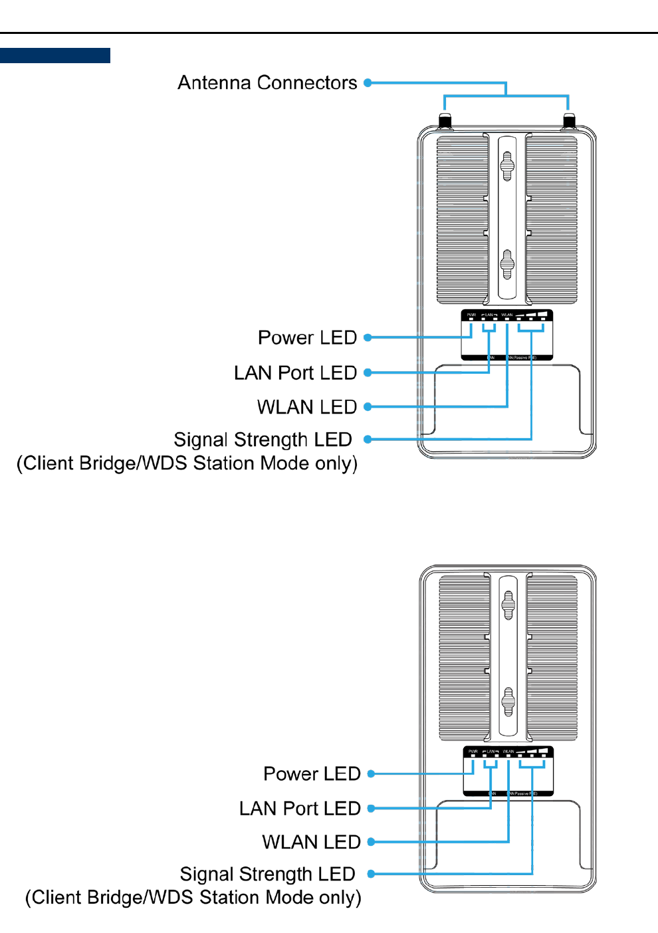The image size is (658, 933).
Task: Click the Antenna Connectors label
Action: point(267,82)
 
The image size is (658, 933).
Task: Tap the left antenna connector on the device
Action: point(445,122)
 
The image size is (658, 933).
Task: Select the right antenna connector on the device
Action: point(569,122)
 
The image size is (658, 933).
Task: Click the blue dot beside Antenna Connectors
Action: point(368,82)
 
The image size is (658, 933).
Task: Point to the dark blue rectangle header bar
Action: point(55,55)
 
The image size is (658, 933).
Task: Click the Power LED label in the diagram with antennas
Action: point(307,338)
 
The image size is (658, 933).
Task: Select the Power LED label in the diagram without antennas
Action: point(312,774)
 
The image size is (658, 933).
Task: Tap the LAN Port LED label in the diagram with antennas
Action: point(295,373)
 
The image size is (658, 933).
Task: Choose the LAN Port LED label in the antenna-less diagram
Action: point(300,809)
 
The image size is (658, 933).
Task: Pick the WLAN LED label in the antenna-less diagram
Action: point(311,842)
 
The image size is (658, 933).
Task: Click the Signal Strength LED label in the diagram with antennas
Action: point(263,440)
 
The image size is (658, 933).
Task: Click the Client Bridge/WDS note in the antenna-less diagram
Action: point(193,898)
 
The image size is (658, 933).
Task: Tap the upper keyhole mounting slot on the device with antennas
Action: point(507,166)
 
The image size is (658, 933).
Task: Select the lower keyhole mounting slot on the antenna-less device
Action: point(508,702)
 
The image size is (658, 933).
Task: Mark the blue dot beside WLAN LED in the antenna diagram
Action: point(368,406)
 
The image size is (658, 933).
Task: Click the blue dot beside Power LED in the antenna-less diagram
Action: point(372,774)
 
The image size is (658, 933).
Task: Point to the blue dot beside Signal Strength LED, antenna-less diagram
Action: point(372,874)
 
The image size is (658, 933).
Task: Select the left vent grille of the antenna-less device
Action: point(465,658)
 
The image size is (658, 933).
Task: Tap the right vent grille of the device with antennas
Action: point(552,219)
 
